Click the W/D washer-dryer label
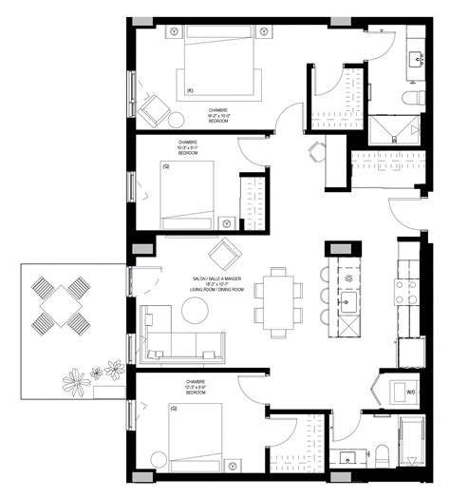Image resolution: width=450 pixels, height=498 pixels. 411,391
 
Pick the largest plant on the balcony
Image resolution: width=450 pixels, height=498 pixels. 75,382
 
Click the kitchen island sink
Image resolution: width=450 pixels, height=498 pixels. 348,305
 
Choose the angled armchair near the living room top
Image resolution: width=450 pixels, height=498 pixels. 225,254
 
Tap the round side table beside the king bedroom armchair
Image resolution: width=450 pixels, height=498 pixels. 177,121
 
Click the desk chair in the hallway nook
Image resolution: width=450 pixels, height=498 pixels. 317,151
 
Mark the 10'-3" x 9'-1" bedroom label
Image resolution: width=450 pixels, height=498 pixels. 187,148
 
